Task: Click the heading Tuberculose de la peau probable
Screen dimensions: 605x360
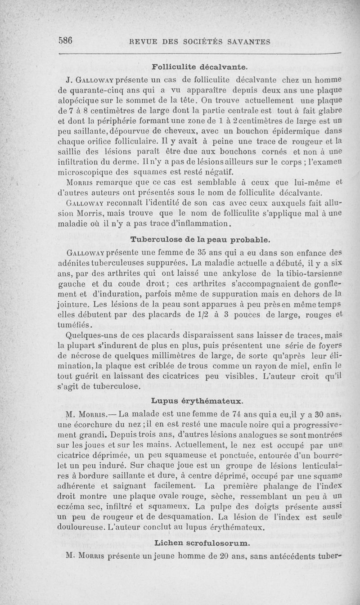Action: coord(200,237)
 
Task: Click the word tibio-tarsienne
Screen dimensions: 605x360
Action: coord(314,274)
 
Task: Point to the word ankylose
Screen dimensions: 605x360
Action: coord(233,274)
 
